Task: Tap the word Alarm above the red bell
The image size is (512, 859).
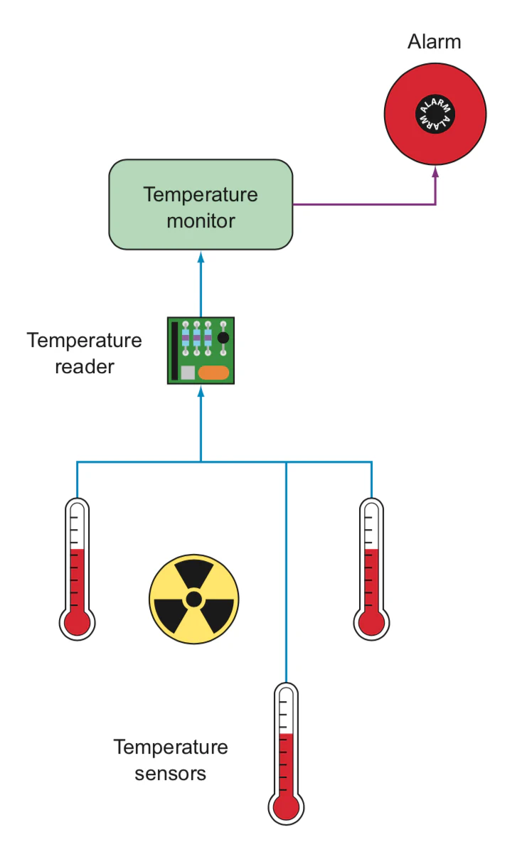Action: point(434,42)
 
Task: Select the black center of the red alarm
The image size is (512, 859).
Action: point(434,114)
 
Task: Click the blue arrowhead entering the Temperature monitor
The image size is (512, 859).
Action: point(201,255)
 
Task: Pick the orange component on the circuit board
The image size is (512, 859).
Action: point(213,372)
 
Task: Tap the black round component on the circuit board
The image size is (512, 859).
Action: point(223,338)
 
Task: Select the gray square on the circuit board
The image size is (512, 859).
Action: point(188,373)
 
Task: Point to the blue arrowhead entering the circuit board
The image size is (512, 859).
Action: point(201,390)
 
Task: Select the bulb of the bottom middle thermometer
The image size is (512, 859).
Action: point(286,808)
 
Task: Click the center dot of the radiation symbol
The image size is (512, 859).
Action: point(193,599)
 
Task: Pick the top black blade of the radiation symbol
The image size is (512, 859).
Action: point(193,572)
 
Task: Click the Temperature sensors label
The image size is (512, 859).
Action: point(171,759)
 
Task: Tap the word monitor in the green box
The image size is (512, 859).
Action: point(201,220)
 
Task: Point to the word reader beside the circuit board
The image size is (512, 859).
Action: point(85,367)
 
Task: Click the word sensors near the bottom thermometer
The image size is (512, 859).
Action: point(171,773)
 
